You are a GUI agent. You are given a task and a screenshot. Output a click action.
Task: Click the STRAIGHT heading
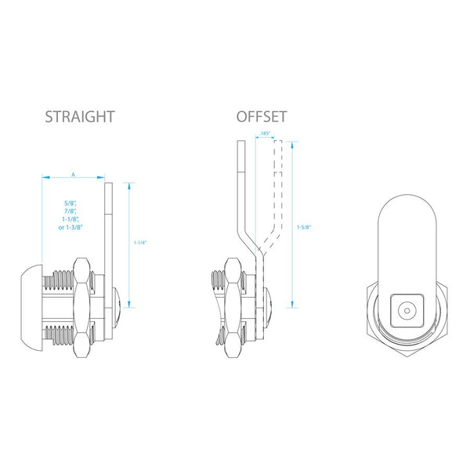(x=80, y=117)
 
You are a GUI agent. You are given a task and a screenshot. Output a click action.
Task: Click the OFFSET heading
(x=262, y=117)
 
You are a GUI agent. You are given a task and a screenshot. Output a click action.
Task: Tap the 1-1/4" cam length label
(x=140, y=243)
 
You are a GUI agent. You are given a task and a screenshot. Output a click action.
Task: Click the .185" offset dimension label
(x=266, y=135)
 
